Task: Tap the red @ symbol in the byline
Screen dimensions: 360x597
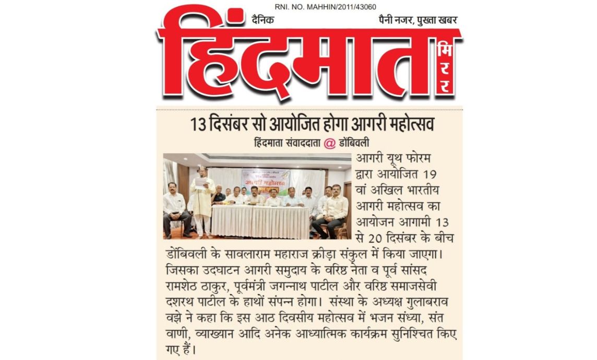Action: (x=330, y=144)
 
